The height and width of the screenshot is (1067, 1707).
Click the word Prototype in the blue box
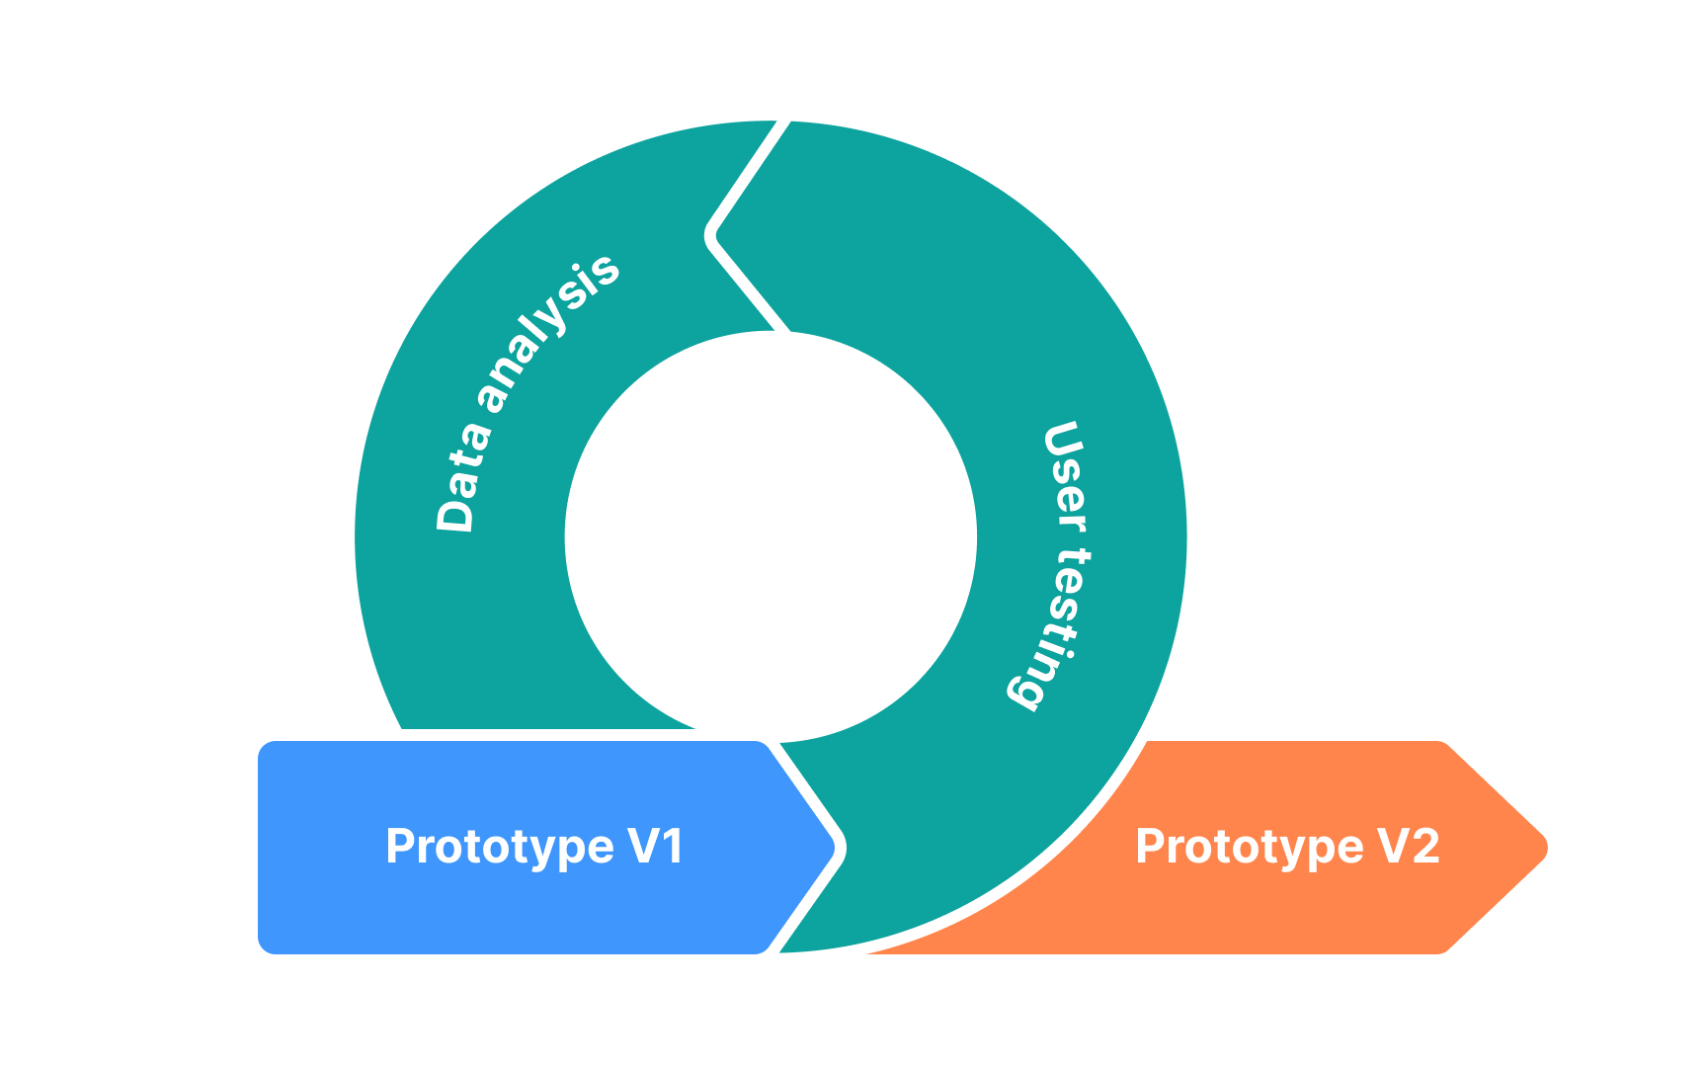500,848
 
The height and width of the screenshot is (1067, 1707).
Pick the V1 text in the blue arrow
656,847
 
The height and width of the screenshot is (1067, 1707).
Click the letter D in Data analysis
455,514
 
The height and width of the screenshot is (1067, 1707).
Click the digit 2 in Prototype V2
1424,847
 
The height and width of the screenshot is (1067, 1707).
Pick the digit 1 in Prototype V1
672,847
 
